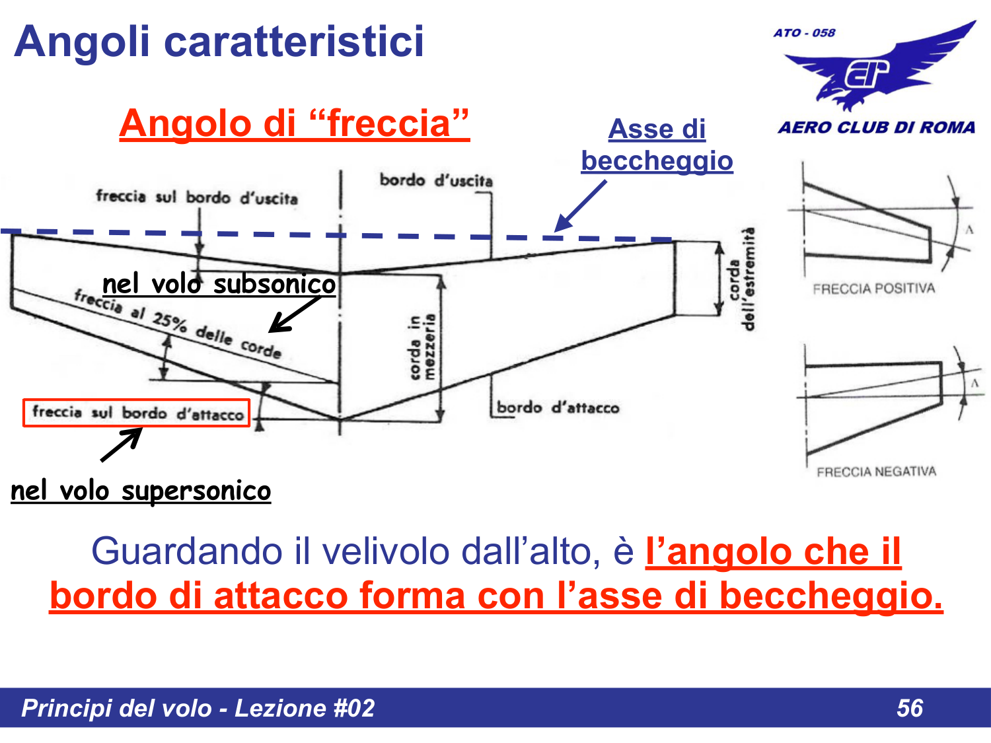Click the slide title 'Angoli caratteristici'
219,42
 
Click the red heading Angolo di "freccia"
294,124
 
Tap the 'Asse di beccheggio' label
657,145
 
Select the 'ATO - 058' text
804,33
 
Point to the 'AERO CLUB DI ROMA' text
876,127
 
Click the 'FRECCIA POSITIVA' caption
873,289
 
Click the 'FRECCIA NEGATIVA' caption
876,472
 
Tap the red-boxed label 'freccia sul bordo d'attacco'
137,413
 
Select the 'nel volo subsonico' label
219,284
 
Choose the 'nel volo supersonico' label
141,491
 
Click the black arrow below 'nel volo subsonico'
294,314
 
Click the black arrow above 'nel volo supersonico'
122,444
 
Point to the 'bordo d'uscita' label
435,180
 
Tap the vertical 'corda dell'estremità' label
740,279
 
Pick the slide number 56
909,708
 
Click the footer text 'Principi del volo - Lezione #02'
198,708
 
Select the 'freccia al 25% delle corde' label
178,324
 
